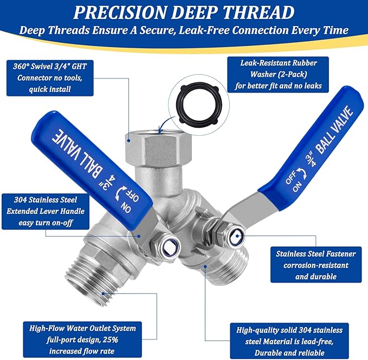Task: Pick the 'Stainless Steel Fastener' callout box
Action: (319, 266)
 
